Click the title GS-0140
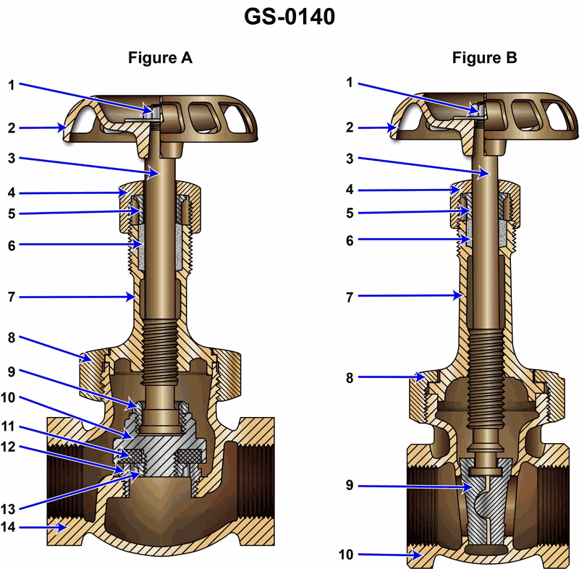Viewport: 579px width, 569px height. [289, 17]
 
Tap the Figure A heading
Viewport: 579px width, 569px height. [160, 58]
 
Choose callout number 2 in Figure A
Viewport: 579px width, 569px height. [11, 128]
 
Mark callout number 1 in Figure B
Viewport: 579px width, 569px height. [350, 83]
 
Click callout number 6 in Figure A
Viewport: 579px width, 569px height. [11, 245]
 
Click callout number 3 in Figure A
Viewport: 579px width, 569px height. [11, 157]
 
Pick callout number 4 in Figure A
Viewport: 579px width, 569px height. [11, 193]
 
